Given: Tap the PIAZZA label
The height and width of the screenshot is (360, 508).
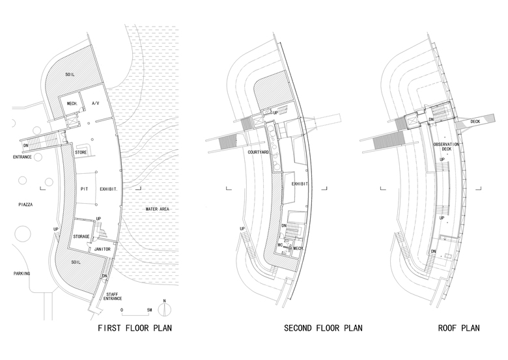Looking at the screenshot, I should [25, 204].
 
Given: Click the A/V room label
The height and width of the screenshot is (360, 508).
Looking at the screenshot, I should [96, 104].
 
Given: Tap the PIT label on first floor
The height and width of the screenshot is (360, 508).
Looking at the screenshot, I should [83, 189].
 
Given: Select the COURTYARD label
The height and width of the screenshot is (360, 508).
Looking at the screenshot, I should [259, 151].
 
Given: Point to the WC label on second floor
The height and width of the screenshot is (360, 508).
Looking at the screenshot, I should [279, 245].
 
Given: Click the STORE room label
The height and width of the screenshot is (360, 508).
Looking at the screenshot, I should [81, 152].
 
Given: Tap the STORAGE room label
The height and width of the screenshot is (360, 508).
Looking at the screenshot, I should [81, 236].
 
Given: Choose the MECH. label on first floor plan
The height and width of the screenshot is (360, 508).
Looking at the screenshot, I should [70, 104].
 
